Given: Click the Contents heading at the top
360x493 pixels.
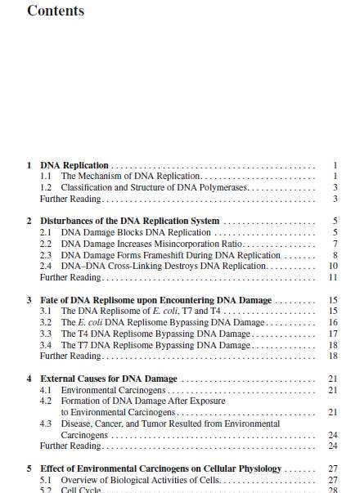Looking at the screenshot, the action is point(55,11).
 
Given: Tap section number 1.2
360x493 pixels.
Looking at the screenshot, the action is point(47,187).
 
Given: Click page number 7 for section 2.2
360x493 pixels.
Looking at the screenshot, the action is point(335,244).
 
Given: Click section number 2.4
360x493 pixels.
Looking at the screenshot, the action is point(47,266).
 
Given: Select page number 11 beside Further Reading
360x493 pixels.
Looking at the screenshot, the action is point(333,277).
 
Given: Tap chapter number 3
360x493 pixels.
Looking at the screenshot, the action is point(29,300).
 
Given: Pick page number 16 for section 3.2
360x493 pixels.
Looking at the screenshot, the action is point(333,322).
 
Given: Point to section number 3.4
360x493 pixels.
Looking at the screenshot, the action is point(47,345).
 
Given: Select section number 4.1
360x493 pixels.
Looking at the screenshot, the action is point(47,390).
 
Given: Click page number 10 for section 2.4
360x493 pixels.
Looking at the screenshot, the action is point(333,266).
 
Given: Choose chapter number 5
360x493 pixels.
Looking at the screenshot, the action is point(29,468).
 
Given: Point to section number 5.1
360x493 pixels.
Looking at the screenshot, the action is point(47,479).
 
